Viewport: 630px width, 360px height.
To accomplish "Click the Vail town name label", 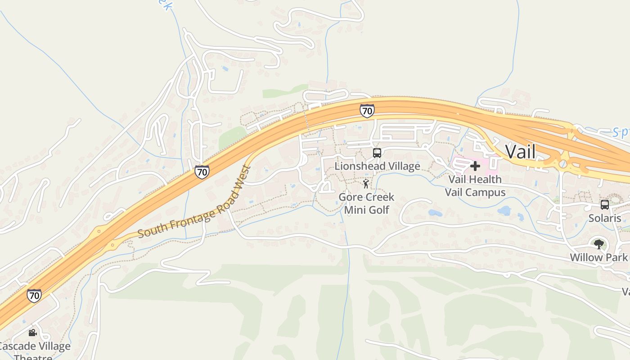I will [521, 152].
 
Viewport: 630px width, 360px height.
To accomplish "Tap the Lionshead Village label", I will [377, 166].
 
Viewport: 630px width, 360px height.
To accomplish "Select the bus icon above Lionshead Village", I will [377, 153].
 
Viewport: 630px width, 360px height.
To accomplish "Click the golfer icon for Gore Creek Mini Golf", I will [366, 184].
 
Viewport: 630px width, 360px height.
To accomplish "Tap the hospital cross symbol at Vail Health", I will [475, 166].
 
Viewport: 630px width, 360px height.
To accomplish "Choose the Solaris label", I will [605, 218].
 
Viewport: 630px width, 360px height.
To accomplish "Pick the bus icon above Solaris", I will [605, 205].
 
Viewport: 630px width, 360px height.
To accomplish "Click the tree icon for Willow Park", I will [598, 244].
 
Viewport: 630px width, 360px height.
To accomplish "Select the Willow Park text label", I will [598, 257].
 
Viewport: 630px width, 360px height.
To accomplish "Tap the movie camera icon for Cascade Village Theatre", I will [32, 333].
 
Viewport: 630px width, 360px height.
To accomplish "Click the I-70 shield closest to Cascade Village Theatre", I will [34, 296].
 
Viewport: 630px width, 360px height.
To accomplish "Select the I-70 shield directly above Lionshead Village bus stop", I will [367, 110].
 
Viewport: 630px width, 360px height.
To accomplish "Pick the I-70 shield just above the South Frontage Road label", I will [202, 171].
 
